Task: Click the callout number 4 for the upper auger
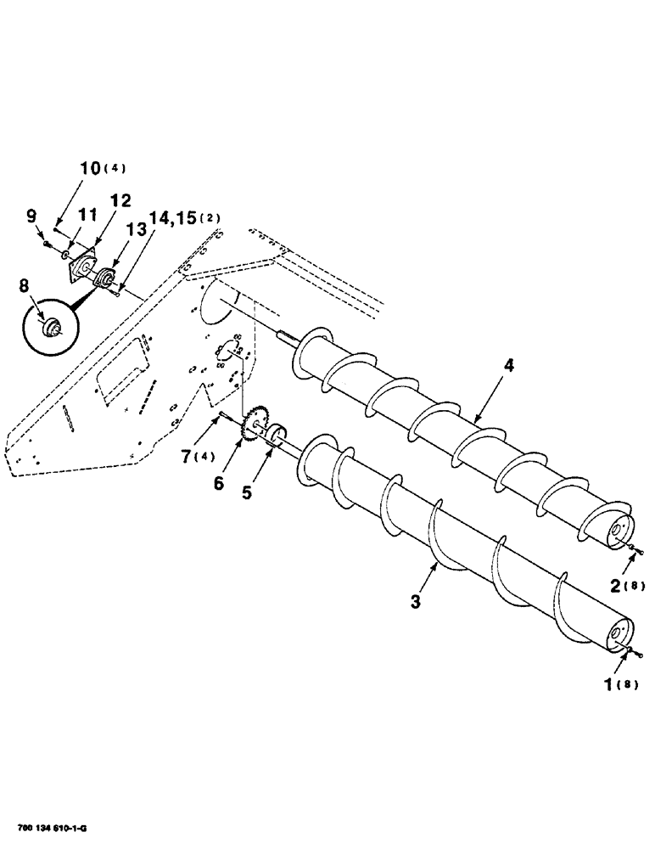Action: pos(508,366)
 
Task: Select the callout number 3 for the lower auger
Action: pos(416,601)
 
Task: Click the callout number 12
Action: pos(119,201)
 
